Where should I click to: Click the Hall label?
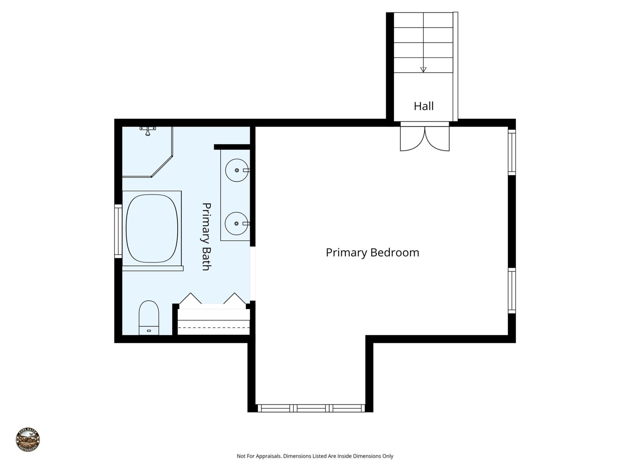point(423,106)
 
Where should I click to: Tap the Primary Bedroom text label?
point(372,252)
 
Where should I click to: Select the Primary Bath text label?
point(206,236)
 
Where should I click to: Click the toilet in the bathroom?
point(149,317)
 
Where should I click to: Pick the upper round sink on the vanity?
point(237,170)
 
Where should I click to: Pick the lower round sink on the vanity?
point(236,224)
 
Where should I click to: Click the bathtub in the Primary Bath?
point(152,228)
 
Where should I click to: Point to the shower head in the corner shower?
point(148,132)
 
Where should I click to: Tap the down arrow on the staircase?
point(423,69)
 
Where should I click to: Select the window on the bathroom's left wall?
point(118,231)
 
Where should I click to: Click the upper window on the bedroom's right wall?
point(512,152)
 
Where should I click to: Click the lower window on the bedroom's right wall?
point(512,290)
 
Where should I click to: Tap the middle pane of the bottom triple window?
point(311,408)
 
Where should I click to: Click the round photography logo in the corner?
point(28,440)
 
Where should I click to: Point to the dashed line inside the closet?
point(213,327)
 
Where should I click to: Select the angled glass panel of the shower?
point(162,166)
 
